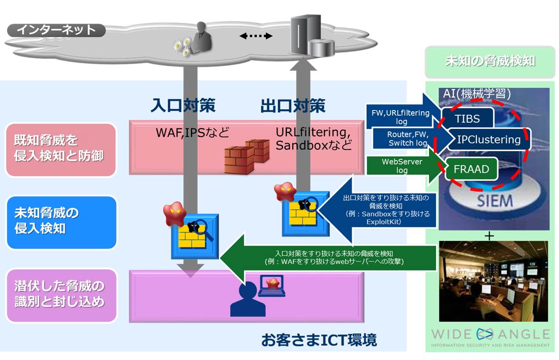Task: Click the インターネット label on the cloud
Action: [x=56, y=30]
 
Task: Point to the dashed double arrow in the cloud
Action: [x=256, y=36]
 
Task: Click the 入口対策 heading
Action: [x=183, y=106]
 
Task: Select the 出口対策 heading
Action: [x=293, y=106]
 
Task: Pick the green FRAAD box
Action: [x=471, y=170]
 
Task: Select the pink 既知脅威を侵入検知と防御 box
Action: [x=61, y=149]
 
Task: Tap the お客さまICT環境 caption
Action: [x=319, y=339]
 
